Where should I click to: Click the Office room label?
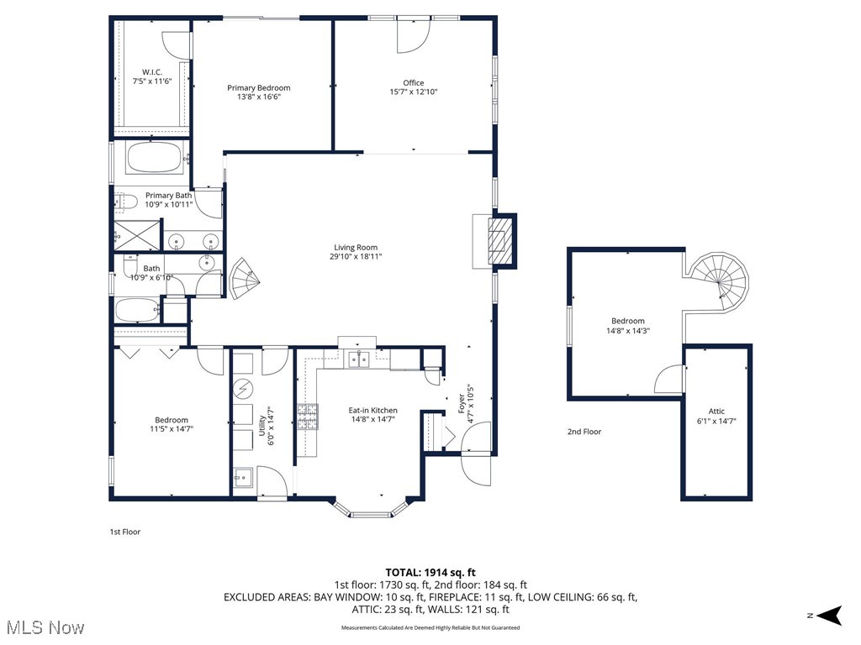[x=413, y=87]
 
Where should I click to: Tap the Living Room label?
[x=356, y=252]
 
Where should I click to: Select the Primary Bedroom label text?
[x=259, y=92]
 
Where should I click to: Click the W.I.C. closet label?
[x=151, y=76]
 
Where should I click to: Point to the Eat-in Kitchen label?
[x=373, y=415]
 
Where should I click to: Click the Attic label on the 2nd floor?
[x=716, y=416]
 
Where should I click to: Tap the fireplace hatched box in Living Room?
[x=499, y=242]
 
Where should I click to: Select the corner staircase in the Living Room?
[x=244, y=279]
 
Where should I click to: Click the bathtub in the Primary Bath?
[x=153, y=157]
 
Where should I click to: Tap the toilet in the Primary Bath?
[x=125, y=202]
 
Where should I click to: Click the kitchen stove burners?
[x=306, y=415]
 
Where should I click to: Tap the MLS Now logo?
[x=44, y=627]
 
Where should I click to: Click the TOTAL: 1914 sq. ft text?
[x=430, y=572]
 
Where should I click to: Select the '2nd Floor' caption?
[x=584, y=432]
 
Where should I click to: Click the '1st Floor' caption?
[x=126, y=532]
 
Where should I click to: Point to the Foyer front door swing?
[x=477, y=454]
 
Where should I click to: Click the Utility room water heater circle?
[x=243, y=388]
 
